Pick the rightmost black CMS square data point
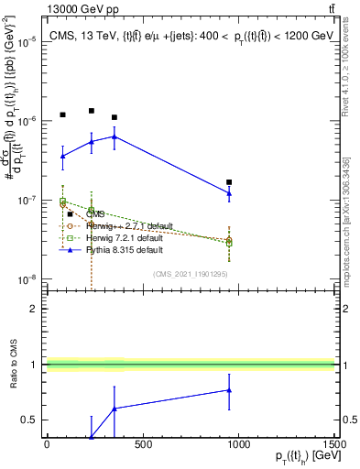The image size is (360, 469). [x=229, y=182]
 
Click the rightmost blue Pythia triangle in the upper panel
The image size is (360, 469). [x=229, y=193]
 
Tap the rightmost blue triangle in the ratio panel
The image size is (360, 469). [x=229, y=390]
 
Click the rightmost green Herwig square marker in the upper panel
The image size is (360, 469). [x=229, y=243]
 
